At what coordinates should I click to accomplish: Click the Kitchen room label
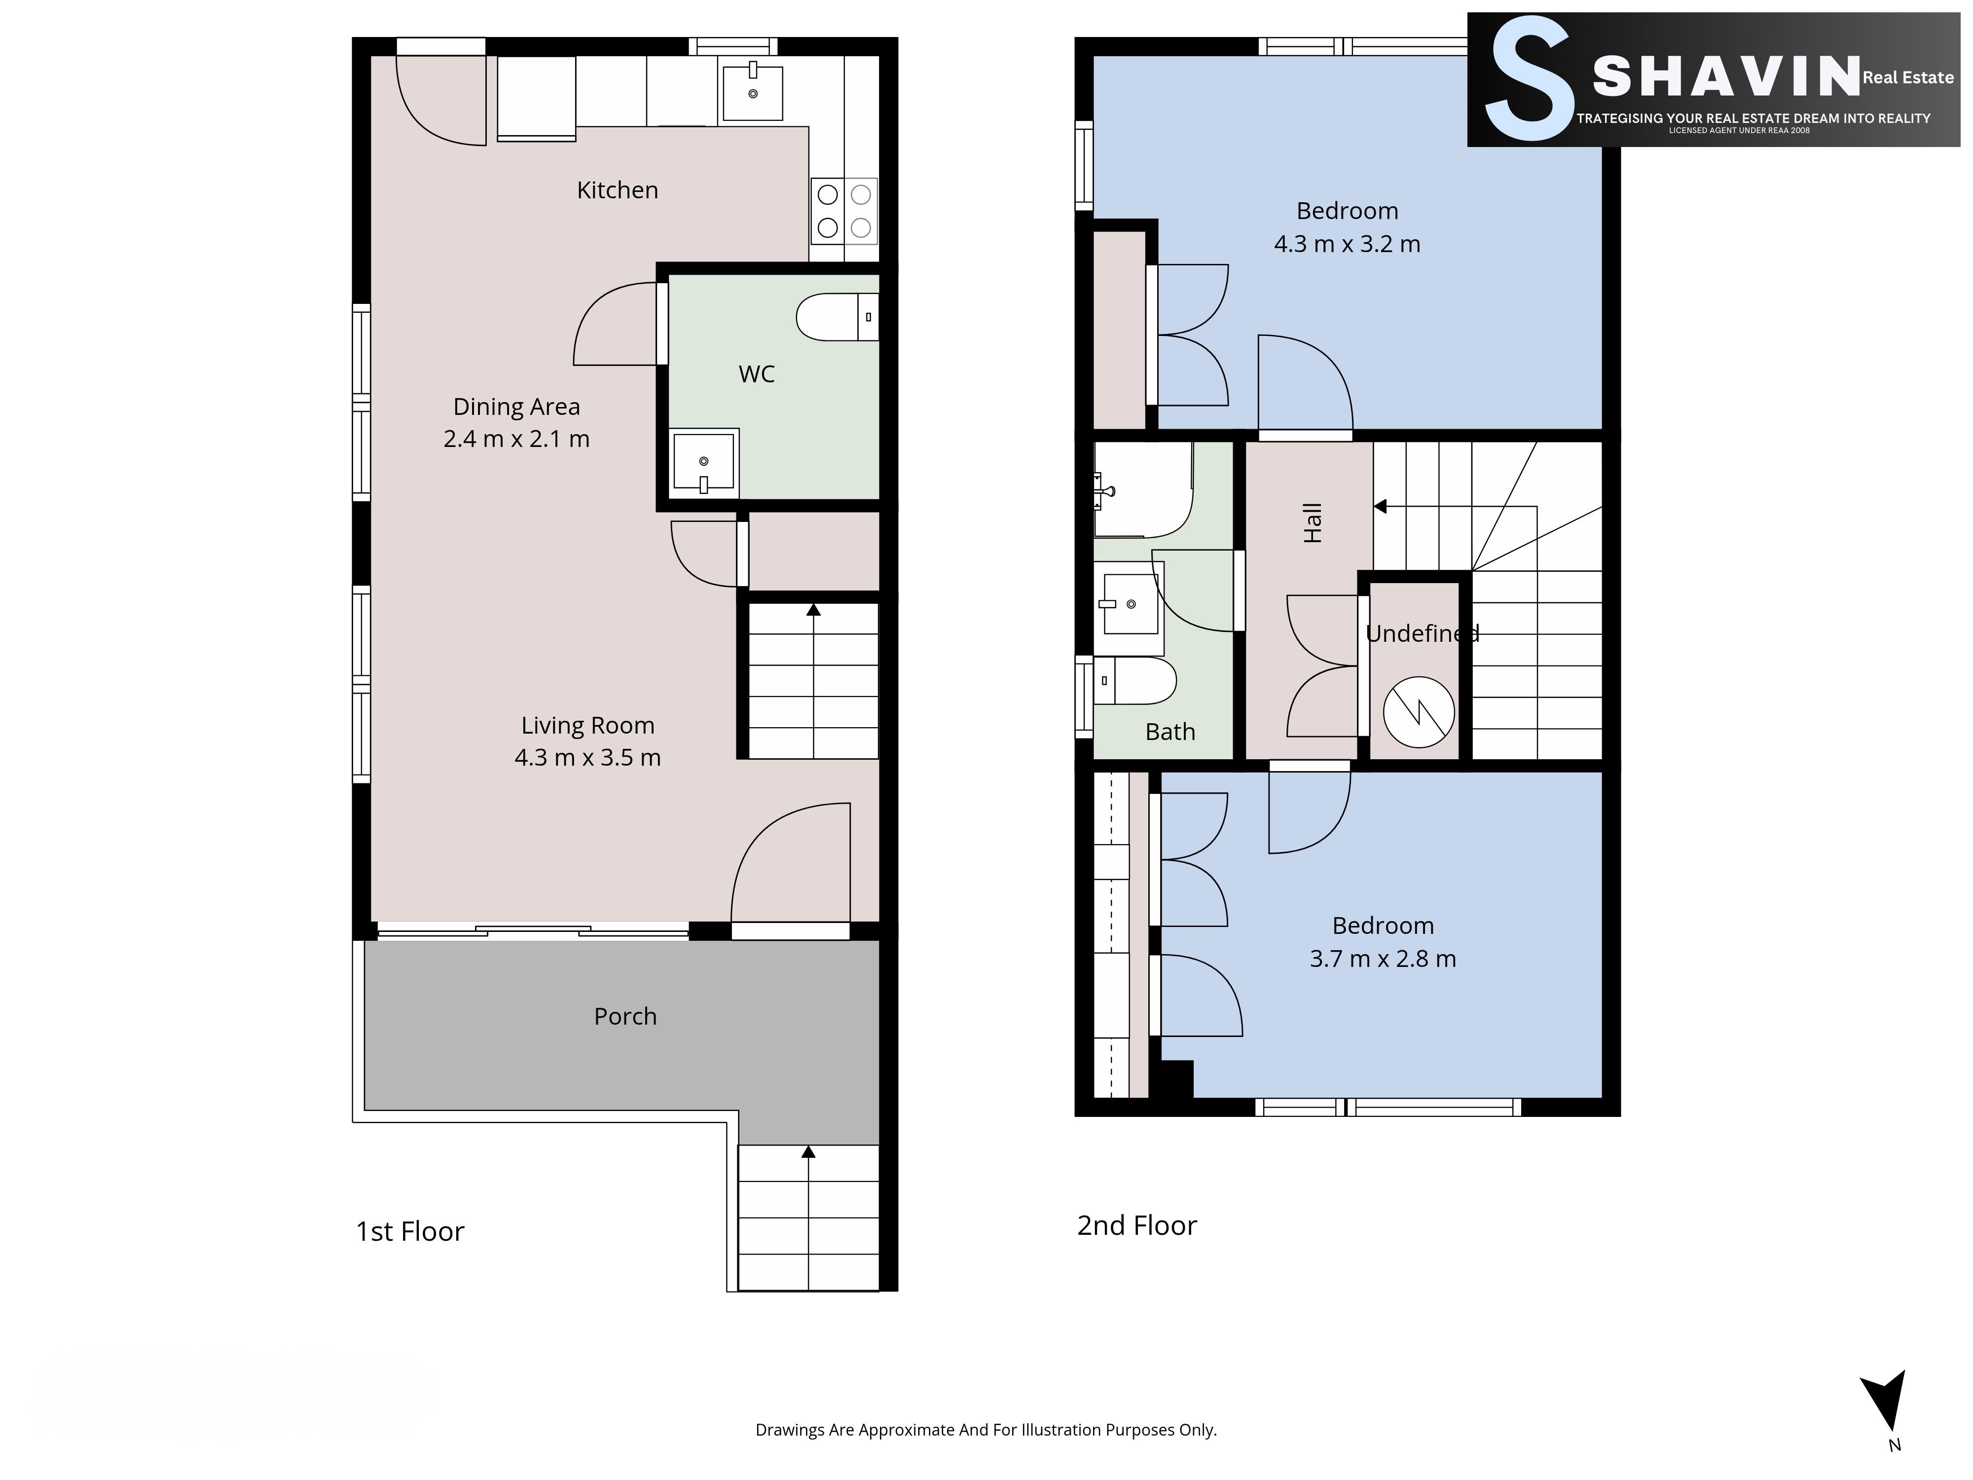point(617,190)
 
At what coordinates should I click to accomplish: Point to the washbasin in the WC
point(705,462)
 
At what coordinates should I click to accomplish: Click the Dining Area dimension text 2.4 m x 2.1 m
point(516,439)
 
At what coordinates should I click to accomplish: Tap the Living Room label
point(588,725)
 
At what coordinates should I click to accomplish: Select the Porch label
point(625,1016)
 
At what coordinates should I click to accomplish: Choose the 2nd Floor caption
point(1137,1226)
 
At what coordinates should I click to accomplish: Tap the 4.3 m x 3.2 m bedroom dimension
point(1347,244)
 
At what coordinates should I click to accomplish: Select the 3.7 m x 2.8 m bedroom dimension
point(1383,959)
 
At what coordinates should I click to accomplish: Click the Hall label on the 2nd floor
point(1312,523)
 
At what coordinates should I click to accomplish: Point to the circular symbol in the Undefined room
point(1418,712)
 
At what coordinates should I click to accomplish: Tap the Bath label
point(1170,732)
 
